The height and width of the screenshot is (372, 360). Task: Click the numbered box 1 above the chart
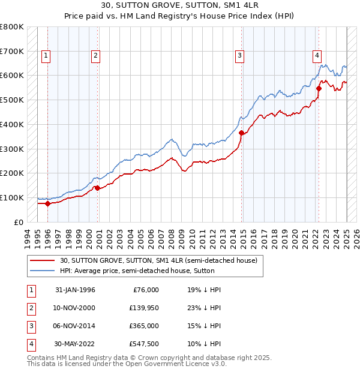point(46,56)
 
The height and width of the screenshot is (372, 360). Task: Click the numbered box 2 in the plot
point(95,56)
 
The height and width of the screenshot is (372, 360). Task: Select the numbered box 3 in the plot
point(239,56)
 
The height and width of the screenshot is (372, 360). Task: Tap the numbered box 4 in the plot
point(316,56)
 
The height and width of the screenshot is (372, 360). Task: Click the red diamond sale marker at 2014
point(241,133)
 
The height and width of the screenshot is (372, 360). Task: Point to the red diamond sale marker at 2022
point(319,88)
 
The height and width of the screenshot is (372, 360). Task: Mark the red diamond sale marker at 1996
point(47,203)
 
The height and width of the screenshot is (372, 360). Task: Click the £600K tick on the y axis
point(12,76)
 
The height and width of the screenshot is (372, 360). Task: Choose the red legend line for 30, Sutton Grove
point(42,260)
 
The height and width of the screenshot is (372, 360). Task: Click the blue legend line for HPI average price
point(42,271)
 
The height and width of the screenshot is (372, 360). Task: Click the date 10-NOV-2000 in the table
point(74,307)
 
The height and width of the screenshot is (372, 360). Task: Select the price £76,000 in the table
point(146,289)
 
